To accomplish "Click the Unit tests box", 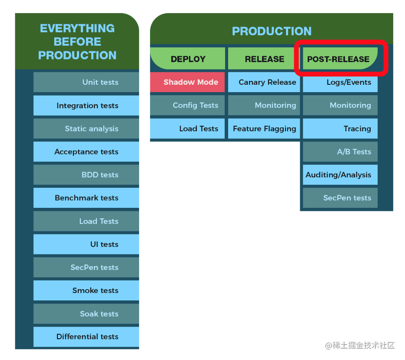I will pyautogui.click(x=86, y=82).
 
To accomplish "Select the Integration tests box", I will pyautogui.click(x=86, y=106).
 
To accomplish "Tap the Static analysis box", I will pyautogui.click(x=86, y=129).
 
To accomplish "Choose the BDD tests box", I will pyautogui.click(x=86, y=175).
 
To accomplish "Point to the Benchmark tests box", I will pyautogui.click(x=86, y=198).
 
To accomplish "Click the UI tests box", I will pyautogui.click(x=86, y=244).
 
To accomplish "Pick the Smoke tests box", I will pyautogui.click(x=86, y=290).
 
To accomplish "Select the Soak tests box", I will pyautogui.click(x=86, y=314).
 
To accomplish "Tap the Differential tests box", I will pyautogui.click(x=86, y=337).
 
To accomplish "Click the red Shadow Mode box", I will pyautogui.click(x=188, y=82).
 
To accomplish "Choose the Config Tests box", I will pyautogui.click(x=188, y=105).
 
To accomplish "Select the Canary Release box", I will pyautogui.click(x=264, y=82).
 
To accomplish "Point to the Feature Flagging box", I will pyautogui.click(x=264, y=129).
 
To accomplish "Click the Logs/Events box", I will pyautogui.click(x=340, y=82).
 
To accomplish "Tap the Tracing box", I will pyautogui.click(x=340, y=129).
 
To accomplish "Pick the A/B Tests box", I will pyautogui.click(x=340, y=152).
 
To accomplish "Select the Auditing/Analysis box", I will pyautogui.click(x=340, y=175).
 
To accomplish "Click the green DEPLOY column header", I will pyautogui.click(x=188, y=59).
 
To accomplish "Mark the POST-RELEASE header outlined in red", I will pyautogui.click(x=339, y=59).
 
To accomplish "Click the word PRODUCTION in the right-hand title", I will pyautogui.click(x=272, y=31).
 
